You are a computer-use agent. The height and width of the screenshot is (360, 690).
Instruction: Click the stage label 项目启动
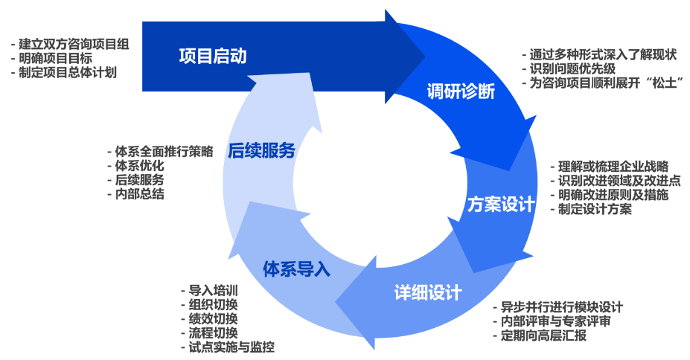(x=212, y=57)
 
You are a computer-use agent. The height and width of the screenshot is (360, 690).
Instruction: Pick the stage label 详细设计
(x=427, y=292)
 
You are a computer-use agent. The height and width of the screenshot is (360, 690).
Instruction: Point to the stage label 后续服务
(x=261, y=151)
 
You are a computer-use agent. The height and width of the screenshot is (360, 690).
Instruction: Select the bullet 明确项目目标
(x=56, y=59)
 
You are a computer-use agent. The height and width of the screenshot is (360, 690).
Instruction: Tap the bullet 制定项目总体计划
(x=68, y=73)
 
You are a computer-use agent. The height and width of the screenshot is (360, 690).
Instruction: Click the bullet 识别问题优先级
(x=572, y=68)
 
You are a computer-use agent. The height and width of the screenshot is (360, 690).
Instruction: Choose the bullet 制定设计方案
(x=595, y=209)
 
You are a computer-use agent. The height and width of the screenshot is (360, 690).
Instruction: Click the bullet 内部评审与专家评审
(x=556, y=321)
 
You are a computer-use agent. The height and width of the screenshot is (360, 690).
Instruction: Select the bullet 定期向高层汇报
(x=544, y=335)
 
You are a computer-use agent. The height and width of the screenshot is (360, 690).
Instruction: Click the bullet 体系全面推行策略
(x=164, y=152)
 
